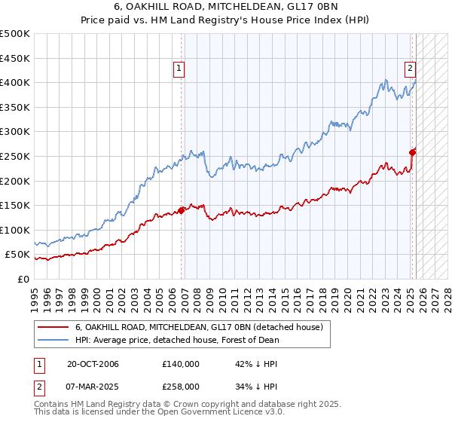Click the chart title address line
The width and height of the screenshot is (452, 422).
(x=226, y=8)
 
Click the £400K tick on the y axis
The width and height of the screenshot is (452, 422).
(x=15, y=82)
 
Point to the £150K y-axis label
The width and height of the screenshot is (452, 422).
(x=15, y=205)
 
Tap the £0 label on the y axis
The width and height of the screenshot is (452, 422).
(x=23, y=279)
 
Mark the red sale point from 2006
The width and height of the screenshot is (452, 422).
(x=182, y=210)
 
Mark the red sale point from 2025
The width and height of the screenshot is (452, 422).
(x=412, y=152)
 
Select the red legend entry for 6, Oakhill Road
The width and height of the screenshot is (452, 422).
(x=199, y=327)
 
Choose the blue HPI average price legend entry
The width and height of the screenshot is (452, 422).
(x=177, y=340)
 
